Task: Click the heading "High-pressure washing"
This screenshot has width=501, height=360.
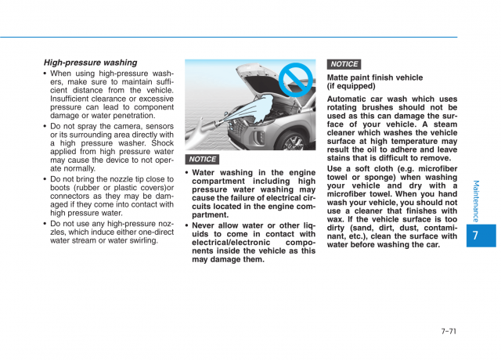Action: point(90,63)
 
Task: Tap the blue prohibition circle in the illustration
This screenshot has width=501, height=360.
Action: point(297,80)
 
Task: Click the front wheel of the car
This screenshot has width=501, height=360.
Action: point(294,142)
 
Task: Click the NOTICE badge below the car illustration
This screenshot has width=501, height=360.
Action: point(203,160)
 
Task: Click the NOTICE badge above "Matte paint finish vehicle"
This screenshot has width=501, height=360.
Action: point(344,64)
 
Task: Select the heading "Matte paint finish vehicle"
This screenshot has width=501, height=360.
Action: point(375,77)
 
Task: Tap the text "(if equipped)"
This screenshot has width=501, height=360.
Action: point(351,87)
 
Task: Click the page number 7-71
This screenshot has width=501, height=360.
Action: point(449,331)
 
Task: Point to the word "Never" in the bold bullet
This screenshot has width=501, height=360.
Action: point(207,225)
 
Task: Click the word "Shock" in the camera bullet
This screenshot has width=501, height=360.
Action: point(161,142)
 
